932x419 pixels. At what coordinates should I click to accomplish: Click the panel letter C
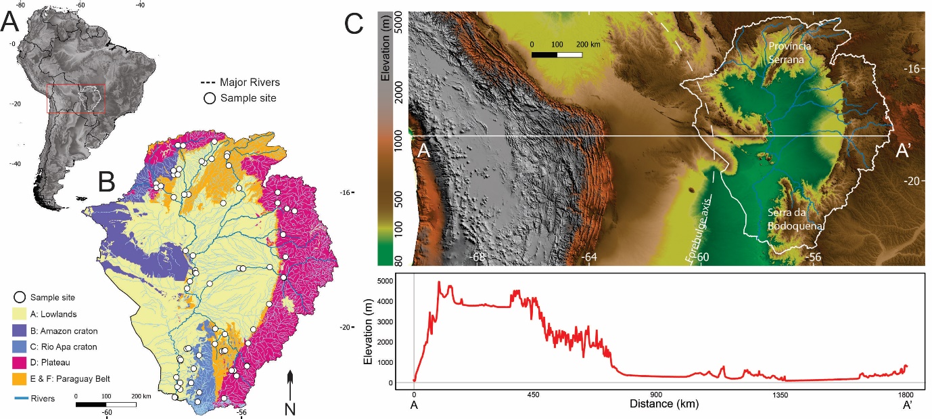pos(356,24)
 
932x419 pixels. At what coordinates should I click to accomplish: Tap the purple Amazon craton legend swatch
pos(20,330)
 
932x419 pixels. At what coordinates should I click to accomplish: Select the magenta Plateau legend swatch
pos(20,363)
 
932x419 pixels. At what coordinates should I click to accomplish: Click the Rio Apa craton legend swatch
pos(20,347)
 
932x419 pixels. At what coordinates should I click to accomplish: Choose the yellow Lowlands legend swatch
pos(20,314)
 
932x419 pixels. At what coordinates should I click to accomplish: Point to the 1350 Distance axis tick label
pos(780,395)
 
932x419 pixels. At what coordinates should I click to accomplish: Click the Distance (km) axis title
pos(663,404)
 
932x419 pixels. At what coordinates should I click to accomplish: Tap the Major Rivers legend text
pos(250,83)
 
